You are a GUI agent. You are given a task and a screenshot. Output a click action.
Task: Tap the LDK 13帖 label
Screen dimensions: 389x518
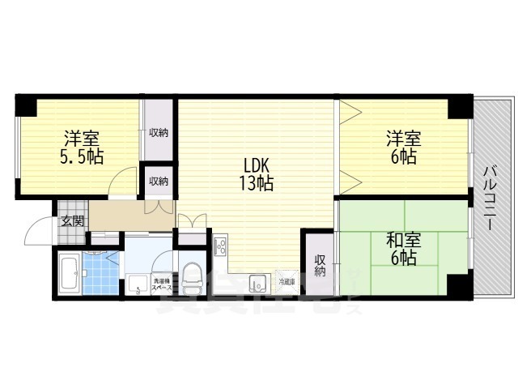click(254, 171)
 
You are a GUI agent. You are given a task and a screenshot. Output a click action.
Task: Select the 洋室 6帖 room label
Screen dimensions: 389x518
click(401, 146)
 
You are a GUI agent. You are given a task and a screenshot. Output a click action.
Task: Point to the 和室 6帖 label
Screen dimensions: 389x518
click(401, 249)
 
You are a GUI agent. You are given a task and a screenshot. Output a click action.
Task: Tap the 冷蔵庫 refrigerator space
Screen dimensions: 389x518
click(287, 282)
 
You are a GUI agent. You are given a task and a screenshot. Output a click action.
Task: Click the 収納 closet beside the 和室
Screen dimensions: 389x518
click(320, 266)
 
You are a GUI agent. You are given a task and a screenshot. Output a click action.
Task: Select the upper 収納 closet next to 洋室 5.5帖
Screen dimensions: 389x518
click(159, 131)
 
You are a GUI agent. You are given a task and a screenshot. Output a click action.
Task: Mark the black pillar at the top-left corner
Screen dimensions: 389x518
click(25, 105)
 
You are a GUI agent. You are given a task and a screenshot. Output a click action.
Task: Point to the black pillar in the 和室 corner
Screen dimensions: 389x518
click(457, 286)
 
